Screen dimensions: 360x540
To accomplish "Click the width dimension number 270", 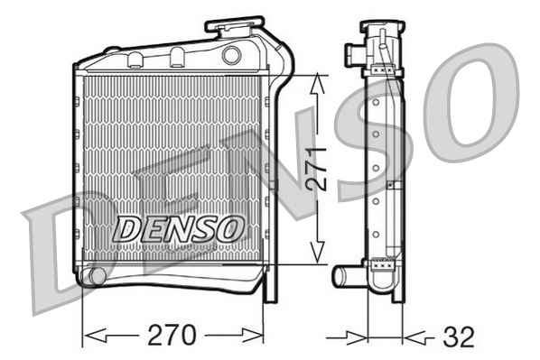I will click(x=171, y=336).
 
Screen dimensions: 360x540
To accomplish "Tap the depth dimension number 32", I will click(x=459, y=337).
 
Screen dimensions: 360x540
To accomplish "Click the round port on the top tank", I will click(x=231, y=55).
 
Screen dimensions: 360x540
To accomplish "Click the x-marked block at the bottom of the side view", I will click(x=382, y=264).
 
